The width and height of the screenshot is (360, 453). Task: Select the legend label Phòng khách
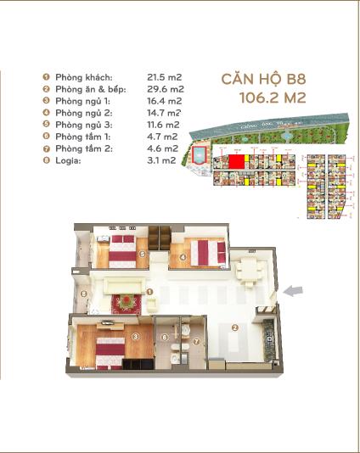click(84, 77)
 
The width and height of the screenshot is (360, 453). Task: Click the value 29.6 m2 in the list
click(166, 89)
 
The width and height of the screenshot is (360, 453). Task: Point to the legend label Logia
click(69, 159)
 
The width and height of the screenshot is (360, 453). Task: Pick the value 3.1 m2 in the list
click(162, 159)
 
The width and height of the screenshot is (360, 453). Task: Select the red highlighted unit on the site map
click(236, 161)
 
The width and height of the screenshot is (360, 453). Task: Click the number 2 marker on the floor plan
click(235, 327)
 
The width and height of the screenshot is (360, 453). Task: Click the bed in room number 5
click(121, 249)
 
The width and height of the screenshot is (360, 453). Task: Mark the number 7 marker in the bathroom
click(195, 342)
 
